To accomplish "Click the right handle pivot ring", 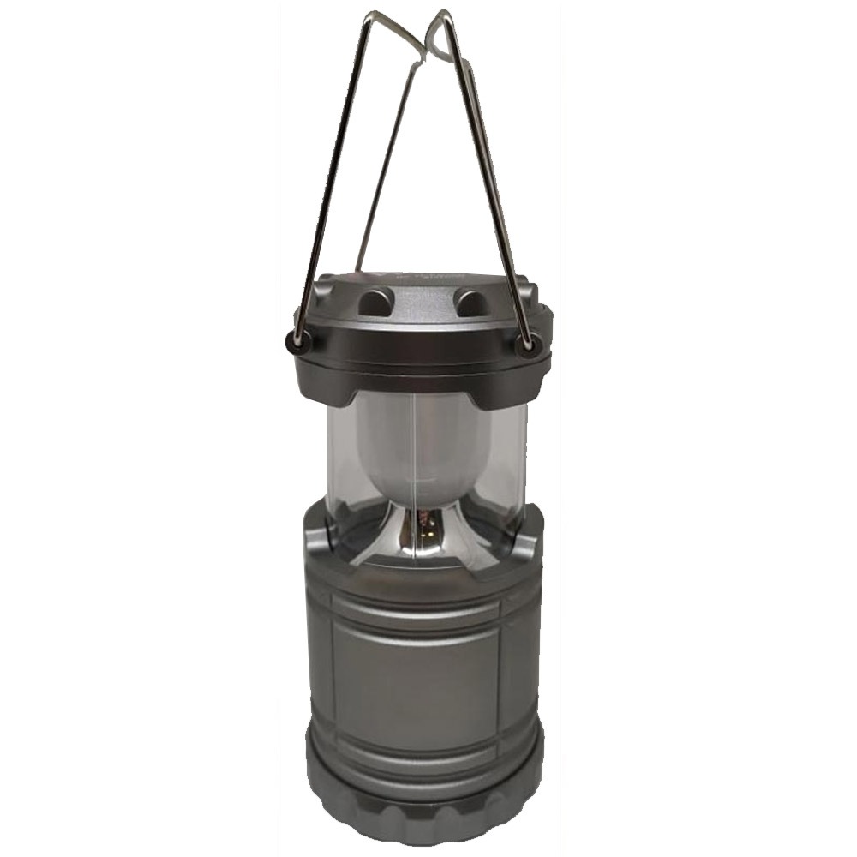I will (x=525, y=343).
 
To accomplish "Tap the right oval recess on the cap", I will (x=470, y=301).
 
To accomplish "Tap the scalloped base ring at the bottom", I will (x=424, y=801).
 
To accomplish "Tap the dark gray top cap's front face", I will (x=420, y=351).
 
